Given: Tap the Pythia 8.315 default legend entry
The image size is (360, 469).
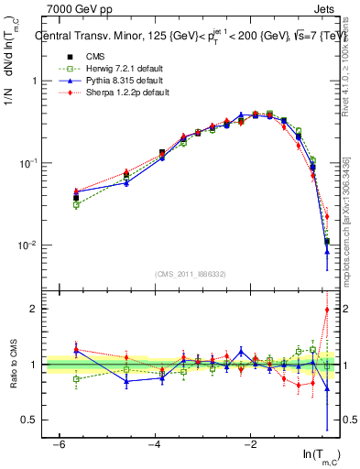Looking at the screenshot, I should [x=111, y=80].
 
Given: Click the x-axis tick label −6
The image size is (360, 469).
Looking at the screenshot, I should [x=57, y=444].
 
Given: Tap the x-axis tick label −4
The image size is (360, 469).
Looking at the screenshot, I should [x=153, y=444].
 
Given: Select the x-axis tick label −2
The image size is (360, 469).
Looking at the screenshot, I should [x=250, y=444].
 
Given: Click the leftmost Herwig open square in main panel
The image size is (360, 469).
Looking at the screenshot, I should [x=76, y=204].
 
